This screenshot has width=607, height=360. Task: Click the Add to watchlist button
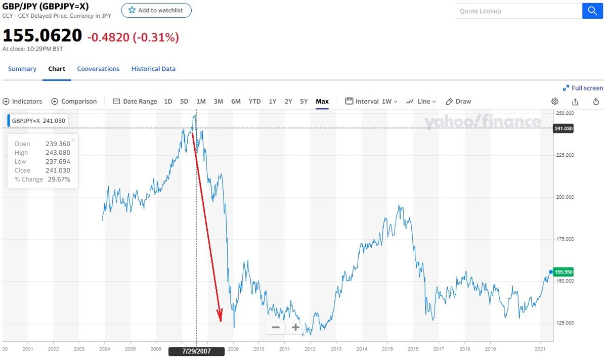(156, 10)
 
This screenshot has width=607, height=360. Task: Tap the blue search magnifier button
(592, 11)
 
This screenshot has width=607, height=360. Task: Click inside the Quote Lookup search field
(518, 11)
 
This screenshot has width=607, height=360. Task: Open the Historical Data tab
(153, 69)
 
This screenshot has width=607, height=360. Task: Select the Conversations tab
(98, 69)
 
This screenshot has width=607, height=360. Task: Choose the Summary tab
(22, 69)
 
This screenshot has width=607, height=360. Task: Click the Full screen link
(583, 88)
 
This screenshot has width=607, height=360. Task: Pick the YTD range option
(254, 101)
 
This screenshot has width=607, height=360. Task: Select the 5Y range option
(303, 101)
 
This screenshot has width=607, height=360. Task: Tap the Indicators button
(23, 101)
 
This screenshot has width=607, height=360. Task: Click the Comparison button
(74, 101)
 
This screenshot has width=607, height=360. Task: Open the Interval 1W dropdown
(372, 101)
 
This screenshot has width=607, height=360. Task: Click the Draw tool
(458, 101)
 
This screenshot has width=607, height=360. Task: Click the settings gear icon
(554, 101)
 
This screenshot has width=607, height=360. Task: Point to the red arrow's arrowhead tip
(221, 321)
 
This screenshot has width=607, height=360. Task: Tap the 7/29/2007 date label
(196, 351)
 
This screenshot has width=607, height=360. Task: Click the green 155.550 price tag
(563, 272)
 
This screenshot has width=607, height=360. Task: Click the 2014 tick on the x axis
(361, 348)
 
